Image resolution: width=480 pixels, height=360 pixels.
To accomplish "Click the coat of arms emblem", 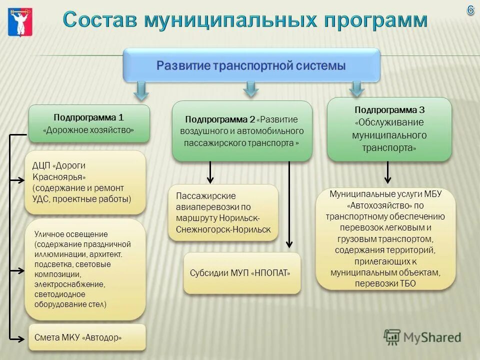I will coord(20,21).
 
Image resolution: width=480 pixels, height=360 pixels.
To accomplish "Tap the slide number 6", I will coord(470,10).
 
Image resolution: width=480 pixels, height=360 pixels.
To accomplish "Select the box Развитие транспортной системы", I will coord(251,65).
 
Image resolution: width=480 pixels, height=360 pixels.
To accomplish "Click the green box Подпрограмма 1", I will coord(89,123).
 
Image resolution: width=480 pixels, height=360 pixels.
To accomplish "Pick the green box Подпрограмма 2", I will coord(242,131).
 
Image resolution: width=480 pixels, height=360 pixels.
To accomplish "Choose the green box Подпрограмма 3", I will coord(389,129).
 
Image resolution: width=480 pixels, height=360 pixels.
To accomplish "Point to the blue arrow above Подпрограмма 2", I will coord(251,89).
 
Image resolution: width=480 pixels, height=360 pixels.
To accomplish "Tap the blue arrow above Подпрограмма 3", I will coord(356,88).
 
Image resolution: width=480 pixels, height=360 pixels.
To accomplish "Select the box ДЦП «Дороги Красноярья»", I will coord(85,182).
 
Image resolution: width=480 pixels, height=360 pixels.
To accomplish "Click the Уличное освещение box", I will coord(85,269).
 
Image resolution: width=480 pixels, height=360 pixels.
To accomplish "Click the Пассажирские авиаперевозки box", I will coord(223,212).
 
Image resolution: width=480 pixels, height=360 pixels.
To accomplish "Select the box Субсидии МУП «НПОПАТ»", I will coord(242,273).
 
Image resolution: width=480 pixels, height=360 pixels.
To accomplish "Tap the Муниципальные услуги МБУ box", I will coord(385,239).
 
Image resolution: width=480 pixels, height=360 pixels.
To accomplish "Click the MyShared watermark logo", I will coord(422,337).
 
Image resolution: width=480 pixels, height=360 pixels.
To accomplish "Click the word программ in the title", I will coord(375,20).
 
